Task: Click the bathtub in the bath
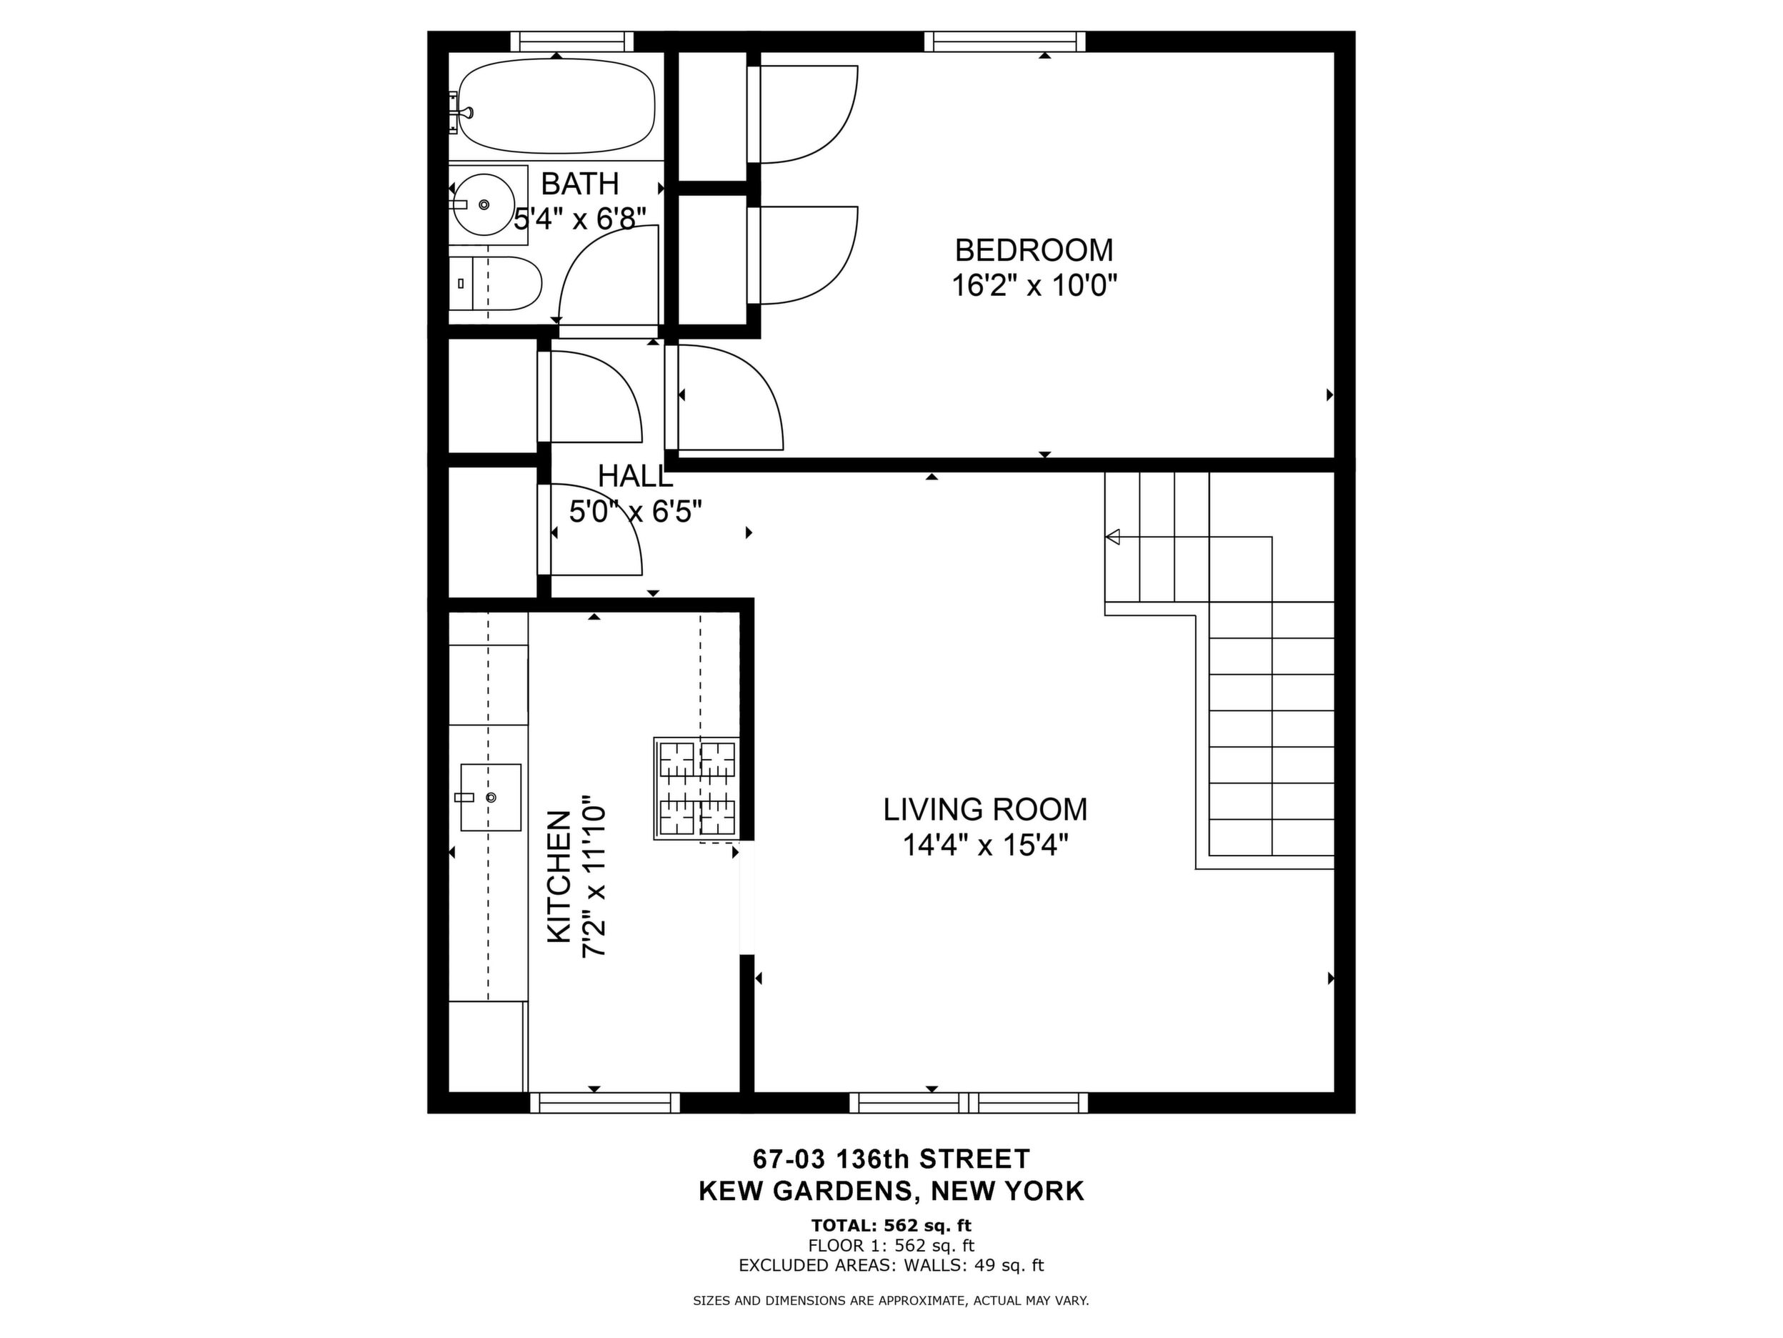coord(556,106)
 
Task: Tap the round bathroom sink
coord(483,205)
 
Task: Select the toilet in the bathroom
coord(495,283)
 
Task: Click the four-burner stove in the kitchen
coord(697,789)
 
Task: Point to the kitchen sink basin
coord(491,797)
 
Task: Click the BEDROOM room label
coord(1034,250)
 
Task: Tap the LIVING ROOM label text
coord(985,809)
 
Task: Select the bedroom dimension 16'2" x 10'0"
coord(1034,285)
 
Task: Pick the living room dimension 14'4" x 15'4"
coord(985,846)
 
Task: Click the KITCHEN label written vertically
coord(559,877)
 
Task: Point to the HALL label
coord(635,476)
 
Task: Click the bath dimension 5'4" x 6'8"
coord(580,219)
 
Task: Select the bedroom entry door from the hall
coord(729,397)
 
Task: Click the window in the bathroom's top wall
coord(572,41)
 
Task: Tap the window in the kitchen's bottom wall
coord(604,1103)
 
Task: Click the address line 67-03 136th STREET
coord(891,1159)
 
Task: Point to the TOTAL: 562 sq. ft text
coord(891,1226)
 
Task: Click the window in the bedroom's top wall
coord(1004,41)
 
